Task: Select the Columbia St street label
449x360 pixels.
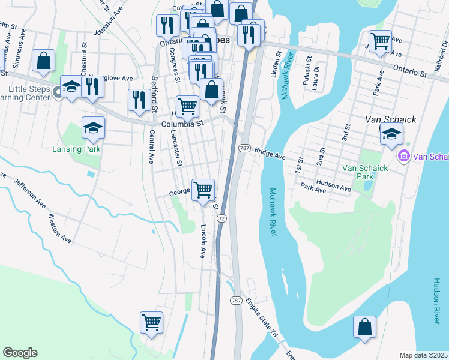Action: coord(183,122)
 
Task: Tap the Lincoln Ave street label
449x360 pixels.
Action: coord(203,241)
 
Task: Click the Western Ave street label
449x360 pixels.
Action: coord(59,228)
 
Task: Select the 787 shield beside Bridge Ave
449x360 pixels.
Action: coord(244,148)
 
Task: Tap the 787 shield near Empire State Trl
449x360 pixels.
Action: coord(236,299)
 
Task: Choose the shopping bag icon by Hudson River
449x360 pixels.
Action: coord(364,327)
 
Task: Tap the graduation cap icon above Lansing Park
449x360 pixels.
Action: coord(93,127)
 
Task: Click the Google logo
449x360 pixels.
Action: coord(20,353)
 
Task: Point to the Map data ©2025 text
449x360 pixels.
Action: coord(423,355)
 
